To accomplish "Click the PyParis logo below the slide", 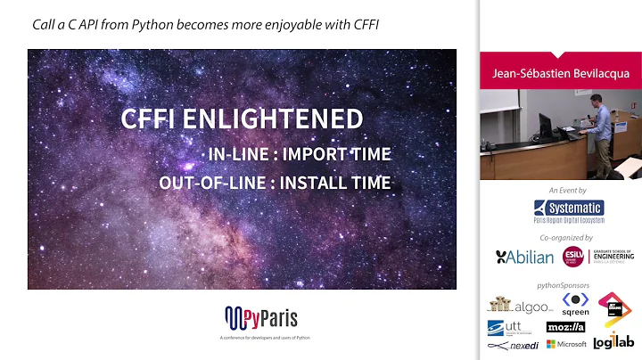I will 260,316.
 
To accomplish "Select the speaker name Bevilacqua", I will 598,74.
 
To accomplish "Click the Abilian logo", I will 523,257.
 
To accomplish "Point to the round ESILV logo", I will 573,257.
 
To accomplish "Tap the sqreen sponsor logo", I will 575,304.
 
